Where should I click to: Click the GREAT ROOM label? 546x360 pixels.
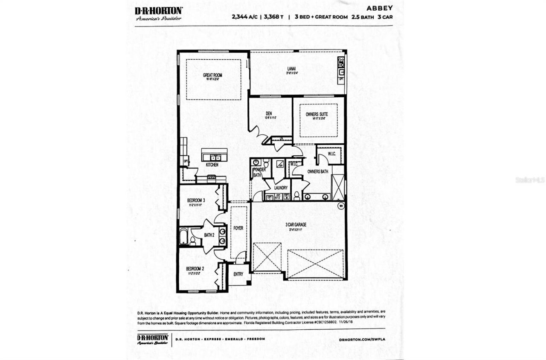tap(212, 75)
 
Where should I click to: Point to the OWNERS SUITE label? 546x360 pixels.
tap(317, 114)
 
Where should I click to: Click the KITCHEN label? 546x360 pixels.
tap(212, 164)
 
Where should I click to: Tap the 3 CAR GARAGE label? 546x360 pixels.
tap(296, 225)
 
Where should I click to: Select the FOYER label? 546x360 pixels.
tap(238, 228)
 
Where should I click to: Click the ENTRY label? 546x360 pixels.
tap(238, 274)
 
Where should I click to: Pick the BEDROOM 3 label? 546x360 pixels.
tap(196, 200)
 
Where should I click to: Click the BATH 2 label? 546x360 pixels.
tap(209, 235)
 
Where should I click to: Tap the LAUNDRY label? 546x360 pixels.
tap(281, 188)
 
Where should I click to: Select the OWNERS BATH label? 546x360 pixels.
tap(318, 171)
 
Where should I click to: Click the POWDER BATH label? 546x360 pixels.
tap(259, 172)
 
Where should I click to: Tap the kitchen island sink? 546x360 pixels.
tap(215, 157)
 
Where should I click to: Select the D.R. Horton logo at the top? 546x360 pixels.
tap(159, 13)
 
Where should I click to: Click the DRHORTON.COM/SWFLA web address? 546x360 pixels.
tap(362, 340)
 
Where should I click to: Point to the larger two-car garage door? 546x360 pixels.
tap(315, 264)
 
